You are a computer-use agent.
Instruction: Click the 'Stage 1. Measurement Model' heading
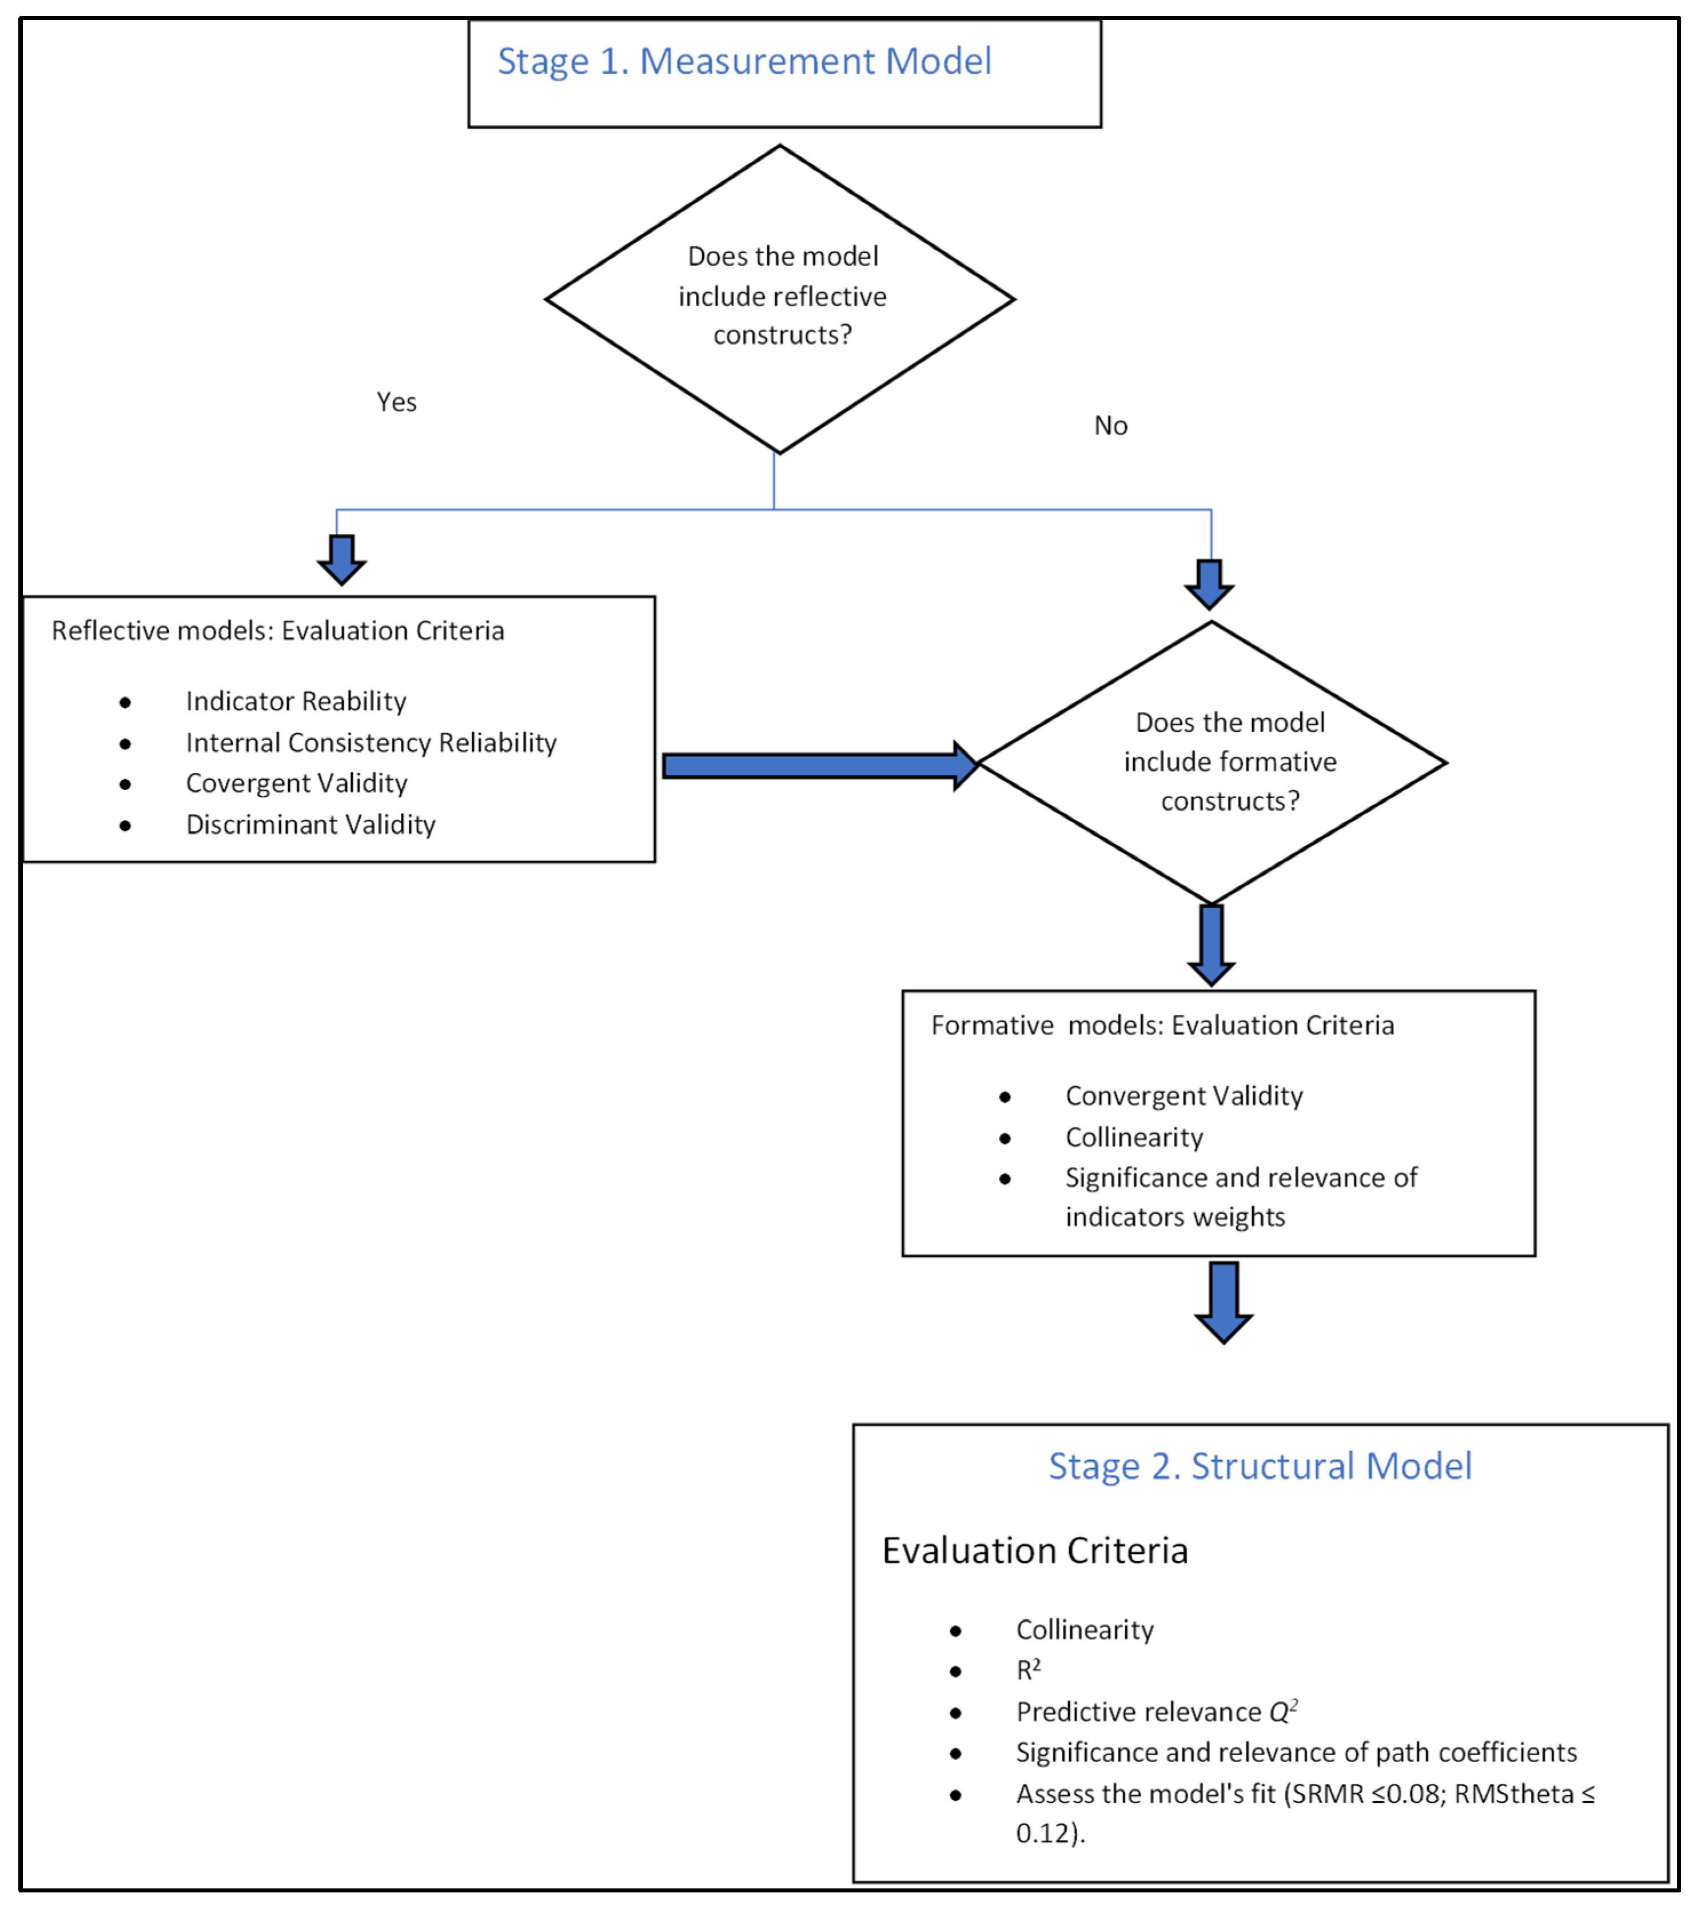(x=744, y=62)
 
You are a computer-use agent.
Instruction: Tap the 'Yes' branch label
(x=396, y=402)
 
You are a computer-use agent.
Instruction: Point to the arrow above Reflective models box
(x=341, y=559)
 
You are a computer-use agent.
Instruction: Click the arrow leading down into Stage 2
(x=1223, y=1301)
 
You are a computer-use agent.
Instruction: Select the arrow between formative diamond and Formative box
(x=1211, y=943)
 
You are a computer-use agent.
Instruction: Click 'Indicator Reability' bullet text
(x=296, y=701)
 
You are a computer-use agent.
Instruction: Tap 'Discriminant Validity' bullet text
(x=310, y=824)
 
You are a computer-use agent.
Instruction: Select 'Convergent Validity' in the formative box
(x=1184, y=1096)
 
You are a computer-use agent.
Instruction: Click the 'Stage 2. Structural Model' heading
(x=1260, y=1466)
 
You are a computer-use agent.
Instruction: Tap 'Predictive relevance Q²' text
(x=1156, y=1712)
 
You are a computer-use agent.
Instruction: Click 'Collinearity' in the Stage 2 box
(x=1085, y=1629)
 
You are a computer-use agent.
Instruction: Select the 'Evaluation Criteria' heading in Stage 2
(x=1034, y=1551)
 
